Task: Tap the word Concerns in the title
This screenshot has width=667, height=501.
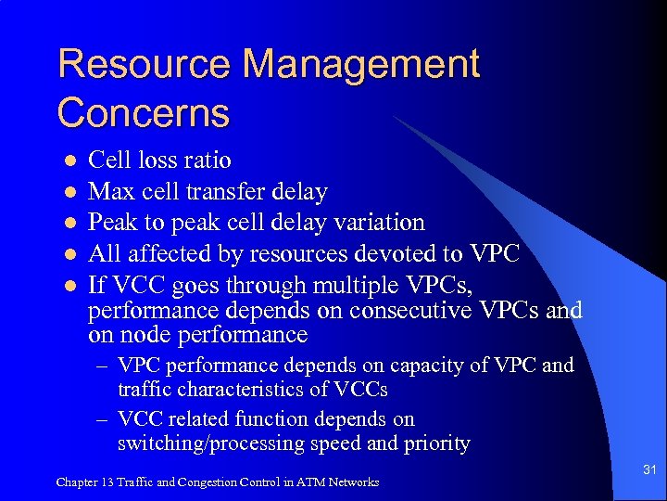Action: pos(143,113)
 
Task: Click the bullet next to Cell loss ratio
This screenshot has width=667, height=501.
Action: pos(69,161)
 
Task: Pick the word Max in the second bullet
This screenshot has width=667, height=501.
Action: pos(109,192)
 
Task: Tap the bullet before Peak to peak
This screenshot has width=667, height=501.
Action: pos(69,223)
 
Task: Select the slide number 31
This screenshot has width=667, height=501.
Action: pos(648,470)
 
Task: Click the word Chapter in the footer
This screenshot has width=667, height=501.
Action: pos(76,482)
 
